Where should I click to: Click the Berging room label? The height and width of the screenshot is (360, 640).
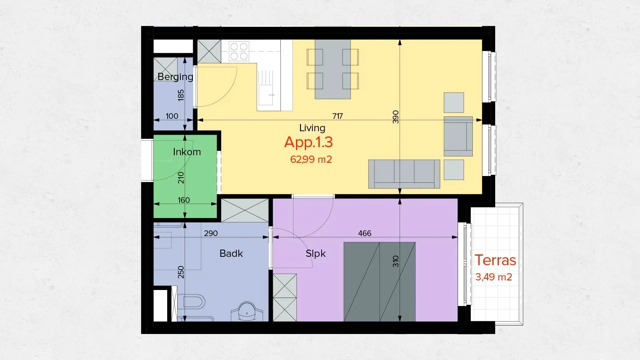(175, 76)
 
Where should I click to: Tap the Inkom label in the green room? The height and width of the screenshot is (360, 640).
(187, 152)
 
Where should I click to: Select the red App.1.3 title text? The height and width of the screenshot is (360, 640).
(308, 142)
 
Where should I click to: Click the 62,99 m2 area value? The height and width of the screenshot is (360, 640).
(311, 160)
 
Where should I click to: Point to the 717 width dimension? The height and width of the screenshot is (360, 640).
(337, 116)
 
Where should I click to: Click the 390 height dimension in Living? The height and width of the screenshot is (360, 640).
(396, 117)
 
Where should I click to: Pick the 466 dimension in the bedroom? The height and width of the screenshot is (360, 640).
(364, 233)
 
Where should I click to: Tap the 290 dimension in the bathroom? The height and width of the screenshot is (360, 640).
(211, 233)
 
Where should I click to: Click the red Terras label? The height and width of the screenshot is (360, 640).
(495, 260)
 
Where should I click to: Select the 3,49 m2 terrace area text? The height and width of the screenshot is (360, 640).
(494, 277)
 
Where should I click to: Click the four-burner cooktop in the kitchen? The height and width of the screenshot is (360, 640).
(239, 51)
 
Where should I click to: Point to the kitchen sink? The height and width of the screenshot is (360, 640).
(265, 95)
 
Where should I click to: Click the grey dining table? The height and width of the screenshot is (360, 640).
(333, 69)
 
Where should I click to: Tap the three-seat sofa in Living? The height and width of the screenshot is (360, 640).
(404, 174)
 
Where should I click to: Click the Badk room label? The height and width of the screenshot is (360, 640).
(231, 254)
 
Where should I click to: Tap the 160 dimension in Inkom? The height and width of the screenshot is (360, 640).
(184, 200)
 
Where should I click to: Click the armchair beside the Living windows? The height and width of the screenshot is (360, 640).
(458, 136)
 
